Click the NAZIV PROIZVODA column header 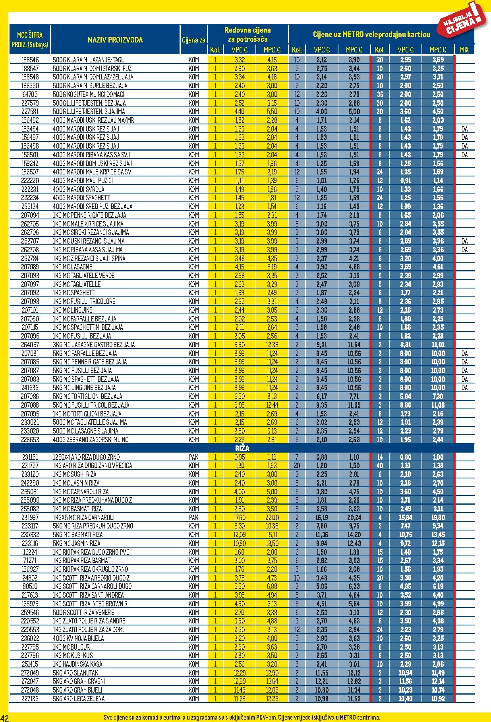(x=115, y=40)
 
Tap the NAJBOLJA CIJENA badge (x=463, y=22)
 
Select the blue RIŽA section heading (x=242, y=448)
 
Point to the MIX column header (x=464, y=50)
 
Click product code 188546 (x=30, y=60)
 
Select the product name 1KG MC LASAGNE (x=72, y=267)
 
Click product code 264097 (x=30, y=345)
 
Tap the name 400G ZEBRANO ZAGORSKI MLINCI (x=91, y=439)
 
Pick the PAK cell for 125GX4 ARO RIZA (x=193, y=457)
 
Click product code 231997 (x=30, y=517)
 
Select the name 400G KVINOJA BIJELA (x=78, y=638)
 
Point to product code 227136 (x=30, y=699)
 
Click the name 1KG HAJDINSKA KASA (x=77, y=664)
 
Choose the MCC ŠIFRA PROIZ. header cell (x=30, y=39)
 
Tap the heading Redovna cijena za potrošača (x=247, y=35)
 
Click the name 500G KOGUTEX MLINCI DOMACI (x=88, y=94)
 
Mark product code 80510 (x=30, y=586)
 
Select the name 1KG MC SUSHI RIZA (x=75, y=474)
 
